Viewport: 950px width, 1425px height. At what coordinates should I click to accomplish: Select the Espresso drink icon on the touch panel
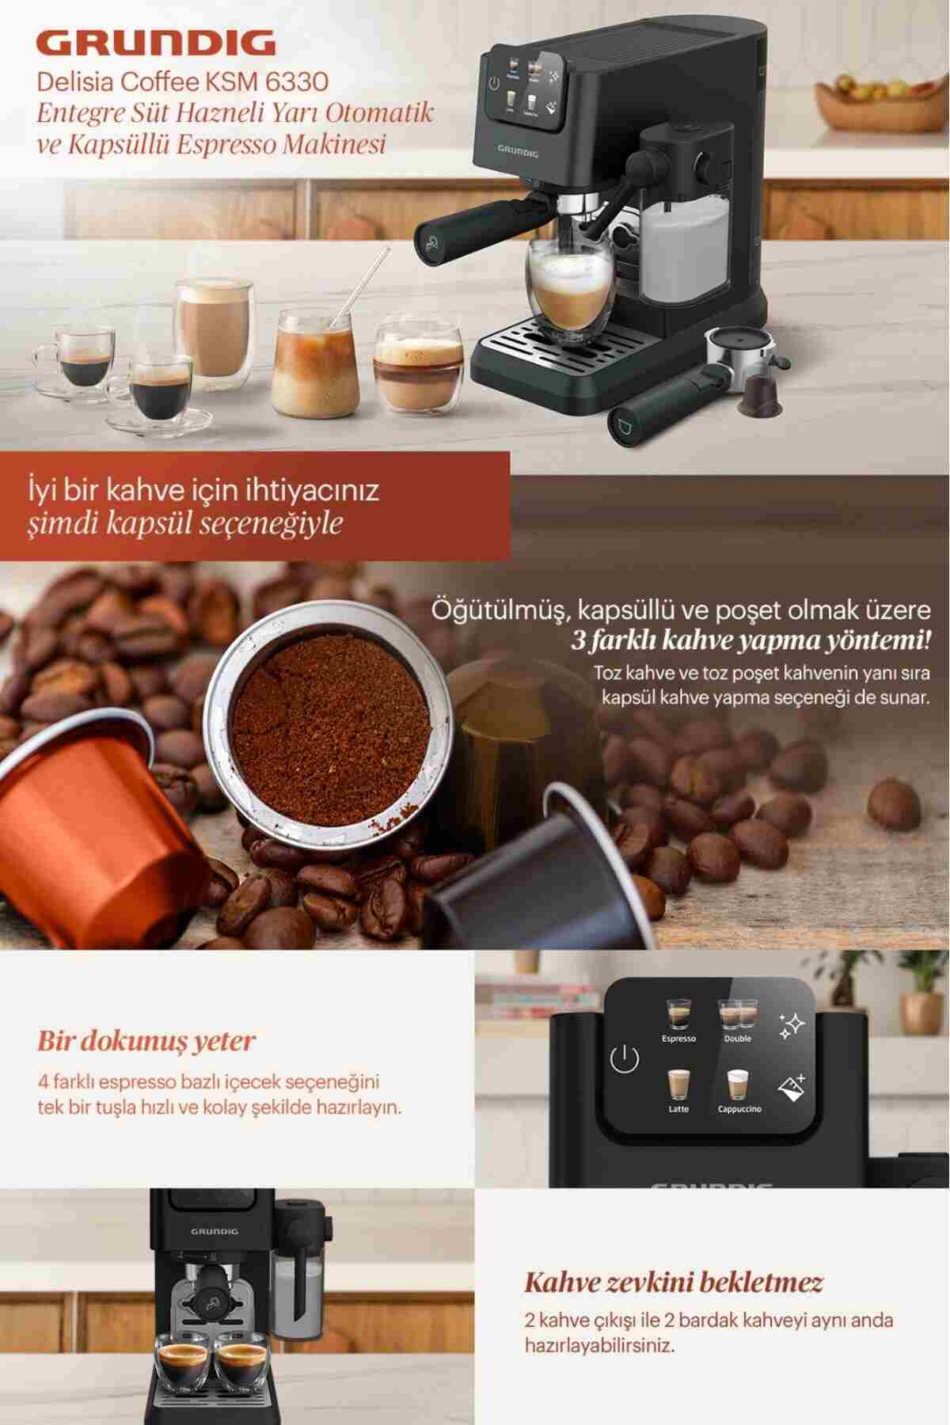click(678, 1014)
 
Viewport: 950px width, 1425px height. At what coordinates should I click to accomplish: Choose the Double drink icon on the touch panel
click(737, 1014)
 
